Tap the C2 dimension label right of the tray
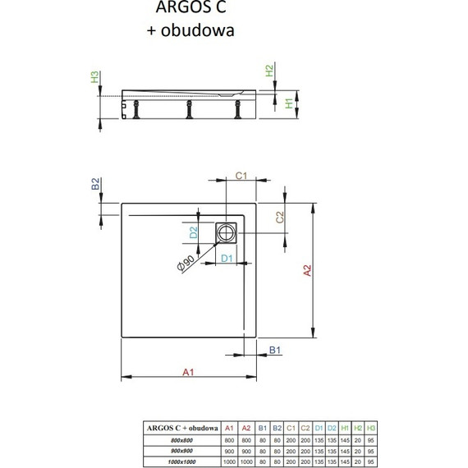(280, 218)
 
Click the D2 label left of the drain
(194, 233)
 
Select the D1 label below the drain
(229, 260)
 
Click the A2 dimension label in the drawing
(304, 272)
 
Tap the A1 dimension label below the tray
(188, 372)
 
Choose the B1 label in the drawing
(276, 351)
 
